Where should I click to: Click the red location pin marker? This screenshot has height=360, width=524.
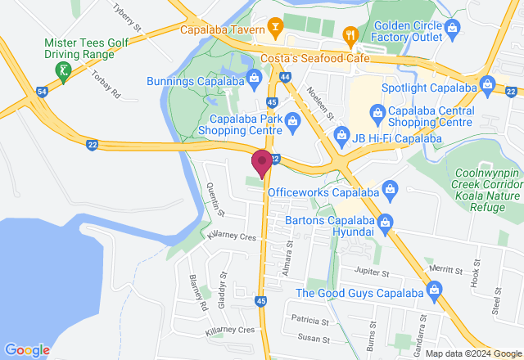click(262, 162)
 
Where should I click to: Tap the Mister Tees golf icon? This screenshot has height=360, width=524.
click(63, 71)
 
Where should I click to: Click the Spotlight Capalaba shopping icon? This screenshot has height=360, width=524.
click(488, 83)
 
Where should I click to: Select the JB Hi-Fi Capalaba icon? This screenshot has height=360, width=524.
click(337, 138)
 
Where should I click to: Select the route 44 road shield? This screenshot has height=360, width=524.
click(285, 77)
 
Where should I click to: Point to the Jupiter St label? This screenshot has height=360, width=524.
click(374, 269)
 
